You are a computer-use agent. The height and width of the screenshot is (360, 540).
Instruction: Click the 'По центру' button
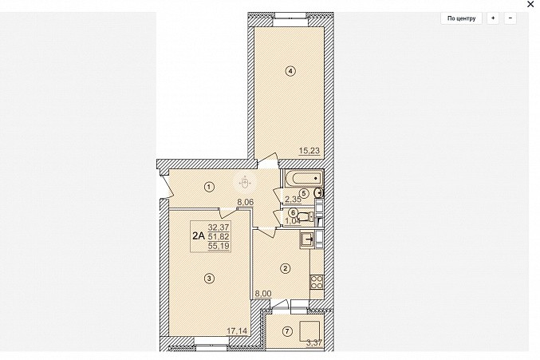461,18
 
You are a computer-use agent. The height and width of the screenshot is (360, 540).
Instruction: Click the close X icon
530,5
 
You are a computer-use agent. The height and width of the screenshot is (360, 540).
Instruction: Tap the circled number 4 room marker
290,71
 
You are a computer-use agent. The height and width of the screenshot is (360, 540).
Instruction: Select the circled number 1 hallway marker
209,187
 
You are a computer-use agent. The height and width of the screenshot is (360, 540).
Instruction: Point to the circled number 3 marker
209,279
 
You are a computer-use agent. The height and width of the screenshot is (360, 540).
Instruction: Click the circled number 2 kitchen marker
285,268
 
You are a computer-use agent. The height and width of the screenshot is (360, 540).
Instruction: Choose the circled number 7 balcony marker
287,332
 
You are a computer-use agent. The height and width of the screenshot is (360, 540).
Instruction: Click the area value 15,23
309,151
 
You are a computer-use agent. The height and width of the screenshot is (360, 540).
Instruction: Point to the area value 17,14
237,331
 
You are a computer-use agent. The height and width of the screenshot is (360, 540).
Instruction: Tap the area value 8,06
245,202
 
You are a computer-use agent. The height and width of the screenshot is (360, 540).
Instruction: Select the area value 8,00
262,294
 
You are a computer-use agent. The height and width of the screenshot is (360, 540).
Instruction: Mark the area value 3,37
314,342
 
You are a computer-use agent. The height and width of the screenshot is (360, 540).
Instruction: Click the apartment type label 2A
199,236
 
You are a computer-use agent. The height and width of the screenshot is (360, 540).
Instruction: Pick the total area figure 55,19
219,246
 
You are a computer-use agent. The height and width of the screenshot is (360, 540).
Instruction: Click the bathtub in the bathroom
304,179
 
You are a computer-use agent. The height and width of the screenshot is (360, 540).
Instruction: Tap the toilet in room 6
305,216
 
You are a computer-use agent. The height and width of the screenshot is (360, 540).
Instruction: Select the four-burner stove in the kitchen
317,282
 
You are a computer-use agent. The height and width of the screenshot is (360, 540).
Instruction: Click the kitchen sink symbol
307,239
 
